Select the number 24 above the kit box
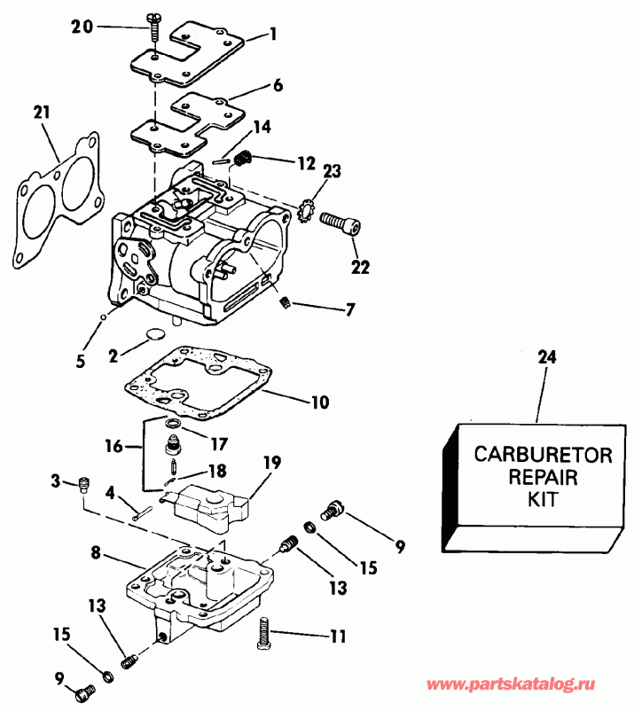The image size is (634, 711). tap(548, 357)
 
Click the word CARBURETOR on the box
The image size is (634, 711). tap(542, 455)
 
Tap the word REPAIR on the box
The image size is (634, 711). tap(543, 477)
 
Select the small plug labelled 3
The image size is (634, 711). tap(85, 483)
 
